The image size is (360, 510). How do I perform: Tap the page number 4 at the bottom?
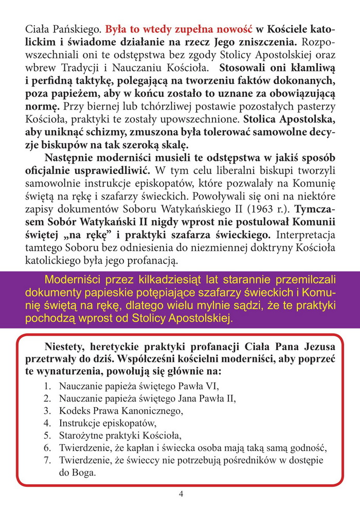(x=181, y=494)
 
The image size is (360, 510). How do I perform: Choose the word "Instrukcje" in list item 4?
(x=80, y=423)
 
